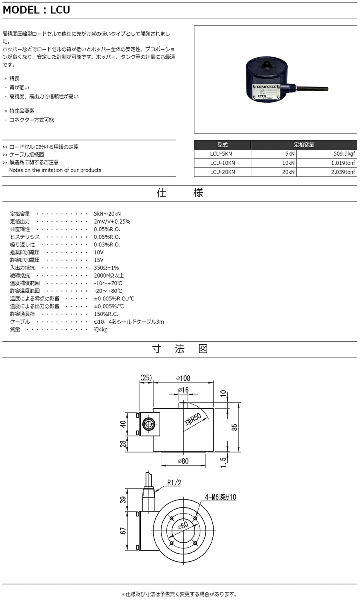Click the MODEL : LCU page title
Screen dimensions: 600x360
[x=36, y=10]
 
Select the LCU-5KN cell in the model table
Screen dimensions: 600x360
[x=222, y=154]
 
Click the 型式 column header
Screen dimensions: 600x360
[x=222, y=144]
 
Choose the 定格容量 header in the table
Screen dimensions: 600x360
[x=304, y=144]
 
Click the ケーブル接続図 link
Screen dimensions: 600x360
[x=26, y=154]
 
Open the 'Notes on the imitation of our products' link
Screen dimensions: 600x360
[x=55, y=170]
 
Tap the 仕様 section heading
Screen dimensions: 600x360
[x=180, y=193]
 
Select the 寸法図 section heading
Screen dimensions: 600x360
[x=180, y=348]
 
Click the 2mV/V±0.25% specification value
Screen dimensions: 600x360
[x=112, y=221]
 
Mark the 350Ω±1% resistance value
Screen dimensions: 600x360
[x=106, y=268]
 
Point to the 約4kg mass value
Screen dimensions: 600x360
[x=101, y=330]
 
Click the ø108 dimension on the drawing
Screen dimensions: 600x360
[x=183, y=378]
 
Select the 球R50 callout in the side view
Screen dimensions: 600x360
[x=193, y=419]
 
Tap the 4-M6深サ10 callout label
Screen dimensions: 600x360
[x=220, y=497]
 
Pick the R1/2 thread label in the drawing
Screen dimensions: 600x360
[x=174, y=483]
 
